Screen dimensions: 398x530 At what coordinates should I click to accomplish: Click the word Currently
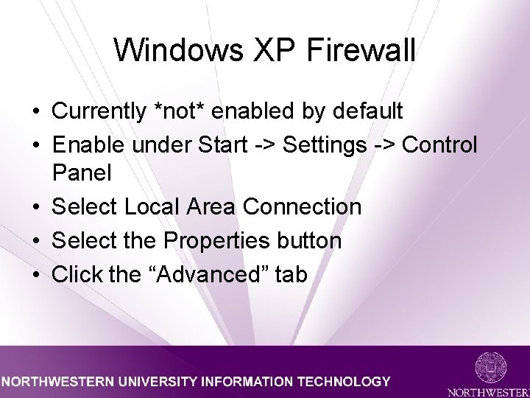coord(99,111)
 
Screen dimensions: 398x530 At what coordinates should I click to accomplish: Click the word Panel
coord(82,174)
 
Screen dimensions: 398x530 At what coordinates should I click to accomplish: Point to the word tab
coord(291,274)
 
